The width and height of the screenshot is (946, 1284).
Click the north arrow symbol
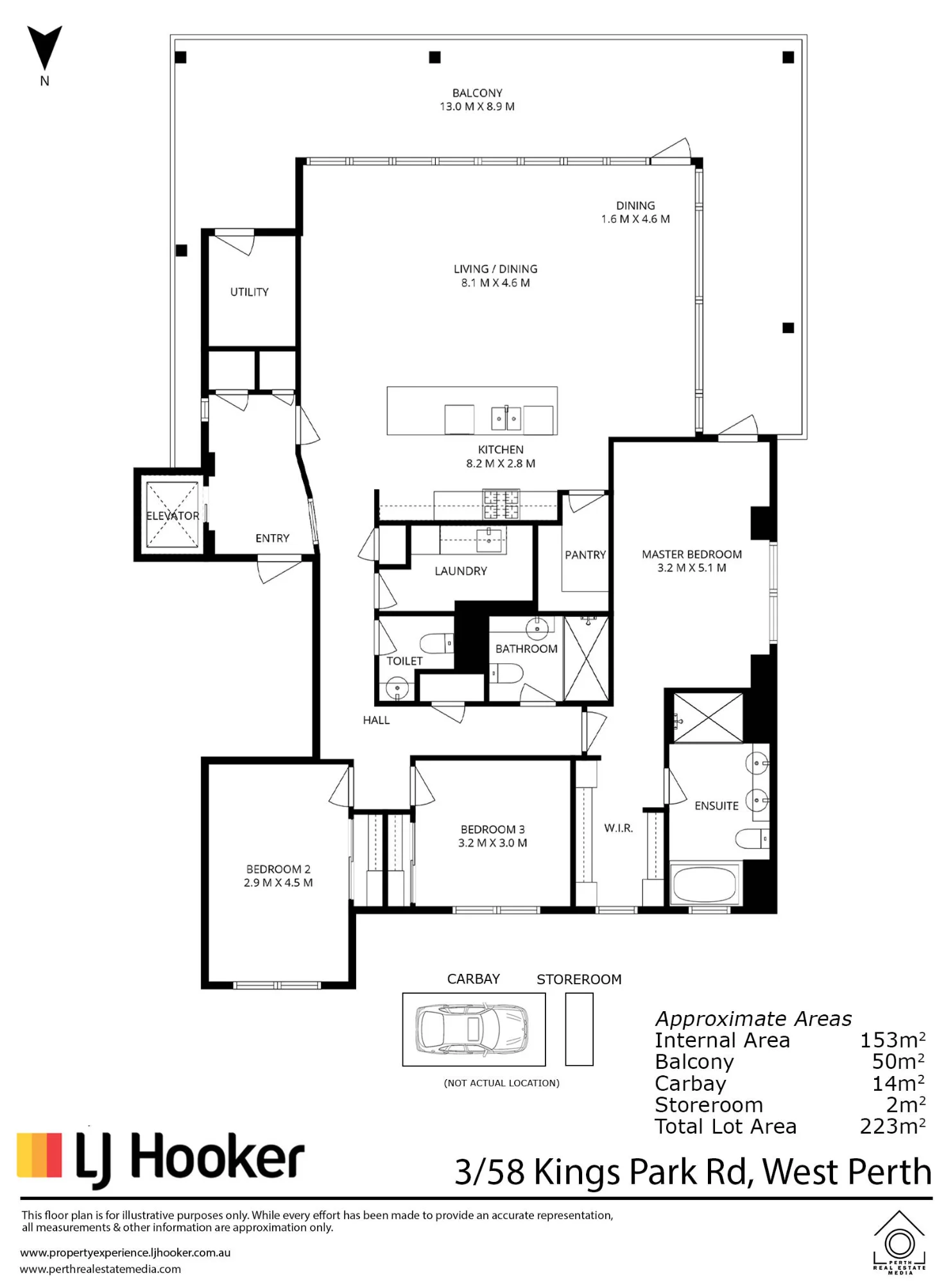click(x=44, y=49)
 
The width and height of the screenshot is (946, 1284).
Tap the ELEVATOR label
click(x=173, y=516)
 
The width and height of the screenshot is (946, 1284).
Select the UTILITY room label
click(x=250, y=292)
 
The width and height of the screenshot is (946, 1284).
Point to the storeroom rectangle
click(x=579, y=1029)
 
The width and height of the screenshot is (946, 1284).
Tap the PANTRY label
click(x=585, y=555)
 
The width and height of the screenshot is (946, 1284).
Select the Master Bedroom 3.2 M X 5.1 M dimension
click(x=692, y=568)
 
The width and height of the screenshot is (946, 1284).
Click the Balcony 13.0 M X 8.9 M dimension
click(x=477, y=107)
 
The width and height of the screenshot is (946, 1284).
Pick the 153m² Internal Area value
click(x=893, y=1039)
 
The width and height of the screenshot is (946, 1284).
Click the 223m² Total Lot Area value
click(x=893, y=1126)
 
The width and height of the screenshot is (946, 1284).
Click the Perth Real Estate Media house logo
click(x=899, y=1242)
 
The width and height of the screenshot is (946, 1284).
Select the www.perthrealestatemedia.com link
click(x=101, y=1269)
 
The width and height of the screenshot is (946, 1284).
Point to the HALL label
click(x=376, y=720)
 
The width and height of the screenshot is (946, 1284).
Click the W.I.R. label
click(x=619, y=828)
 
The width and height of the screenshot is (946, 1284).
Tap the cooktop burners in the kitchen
click(x=501, y=504)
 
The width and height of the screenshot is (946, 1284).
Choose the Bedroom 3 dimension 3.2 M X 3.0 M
click(x=492, y=843)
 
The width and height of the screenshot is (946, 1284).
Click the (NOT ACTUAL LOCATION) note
click(x=502, y=1083)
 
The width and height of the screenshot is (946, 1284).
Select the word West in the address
click(x=800, y=1172)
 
